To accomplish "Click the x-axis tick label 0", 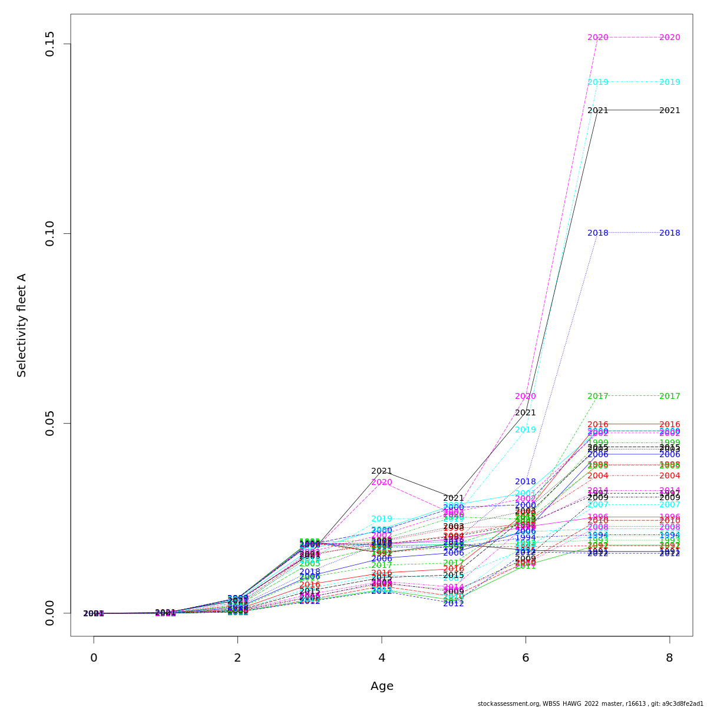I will click(x=94, y=658).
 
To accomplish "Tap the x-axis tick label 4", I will click(x=382, y=658).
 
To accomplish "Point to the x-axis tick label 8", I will click(x=669, y=658).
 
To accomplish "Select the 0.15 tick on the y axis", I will click(x=51, y=44).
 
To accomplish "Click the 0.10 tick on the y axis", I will click(x=51, y=233).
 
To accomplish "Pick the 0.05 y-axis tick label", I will click(x=51, y=423).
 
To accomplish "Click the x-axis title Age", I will click(x=382, y=686).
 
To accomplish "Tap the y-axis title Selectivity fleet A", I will click(x=22, y=325).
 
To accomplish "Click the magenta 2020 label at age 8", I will click(x=669, y=37).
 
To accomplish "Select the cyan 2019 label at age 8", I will click(x=669, y=82).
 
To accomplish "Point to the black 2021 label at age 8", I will click(x=669, y=110).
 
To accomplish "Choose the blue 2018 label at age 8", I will click(x=669, y=233).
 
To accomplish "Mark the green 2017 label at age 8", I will click(x=669, y=396).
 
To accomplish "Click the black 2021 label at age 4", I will click(x=382, y=471).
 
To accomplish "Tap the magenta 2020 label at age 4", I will click(x=382, y=482).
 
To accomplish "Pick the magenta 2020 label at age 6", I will click(x=526, y=396).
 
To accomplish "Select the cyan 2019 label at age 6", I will click(x=526, y=430).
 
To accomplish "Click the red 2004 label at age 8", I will click(x=669, y=475).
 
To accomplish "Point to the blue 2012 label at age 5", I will click(x=454, y=603).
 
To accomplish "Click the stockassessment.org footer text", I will click(x=590, y=703).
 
